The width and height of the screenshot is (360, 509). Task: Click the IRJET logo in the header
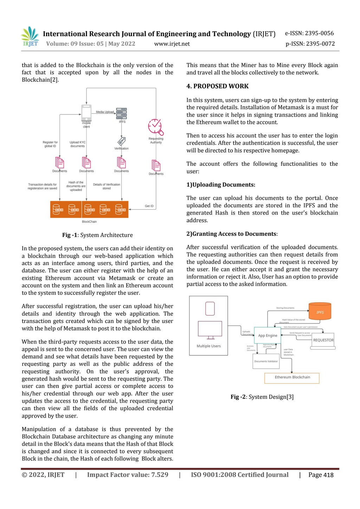point(30,37)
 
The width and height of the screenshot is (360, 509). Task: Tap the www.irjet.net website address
point(172,44)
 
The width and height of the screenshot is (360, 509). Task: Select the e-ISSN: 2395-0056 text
point(309,33)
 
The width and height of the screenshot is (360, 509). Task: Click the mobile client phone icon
point(86,112)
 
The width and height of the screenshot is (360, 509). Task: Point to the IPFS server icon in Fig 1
point(122,113)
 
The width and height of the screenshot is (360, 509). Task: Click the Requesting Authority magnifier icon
point(156,127)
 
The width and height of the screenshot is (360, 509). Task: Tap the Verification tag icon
point(122,141)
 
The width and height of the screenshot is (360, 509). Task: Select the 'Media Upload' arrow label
point(105,112)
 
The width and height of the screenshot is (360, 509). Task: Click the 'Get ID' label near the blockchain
point(149,206)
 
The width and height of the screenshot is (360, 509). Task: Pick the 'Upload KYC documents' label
point(77,144)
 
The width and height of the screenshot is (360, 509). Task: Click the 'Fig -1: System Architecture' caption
point(97,235)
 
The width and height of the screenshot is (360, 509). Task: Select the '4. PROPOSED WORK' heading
point(217,86)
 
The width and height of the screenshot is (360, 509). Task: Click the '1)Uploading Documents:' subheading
point(221,185)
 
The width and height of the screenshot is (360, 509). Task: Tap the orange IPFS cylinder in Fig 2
point(320,311)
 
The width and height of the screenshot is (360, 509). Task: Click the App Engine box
point(268,335)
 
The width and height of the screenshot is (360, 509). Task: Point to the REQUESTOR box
point(323,340)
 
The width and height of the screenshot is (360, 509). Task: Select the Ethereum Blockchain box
point(292,378)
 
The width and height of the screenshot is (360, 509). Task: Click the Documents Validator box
point(266,361)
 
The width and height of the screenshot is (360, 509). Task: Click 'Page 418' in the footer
point(321,475)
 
